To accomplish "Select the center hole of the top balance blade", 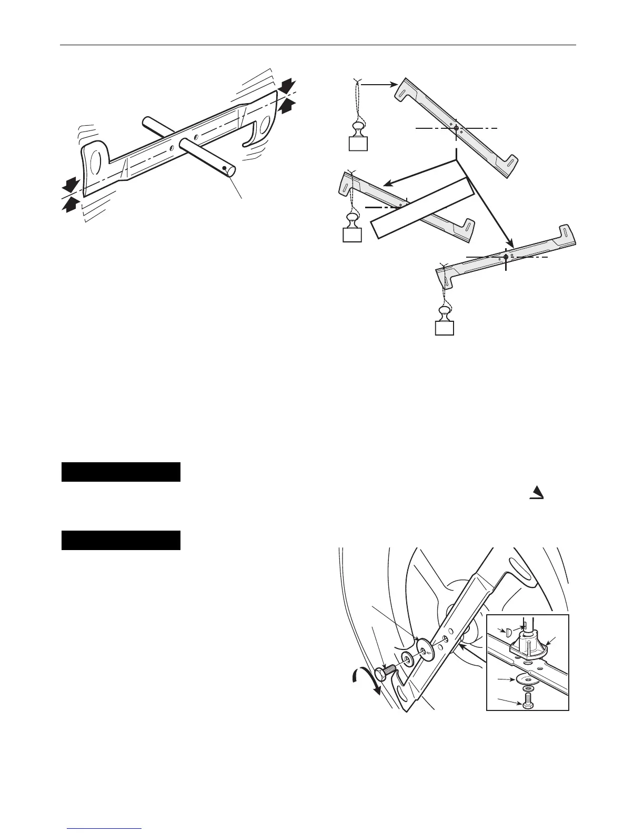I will tap(456, 128).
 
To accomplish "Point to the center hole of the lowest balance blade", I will tap(506, 257).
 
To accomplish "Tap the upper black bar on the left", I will tap(121, 472).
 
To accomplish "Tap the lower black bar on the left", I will tap(121, 540).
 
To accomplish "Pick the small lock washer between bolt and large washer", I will tap(407, 660).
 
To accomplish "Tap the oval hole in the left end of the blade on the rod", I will tap(96, 164).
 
